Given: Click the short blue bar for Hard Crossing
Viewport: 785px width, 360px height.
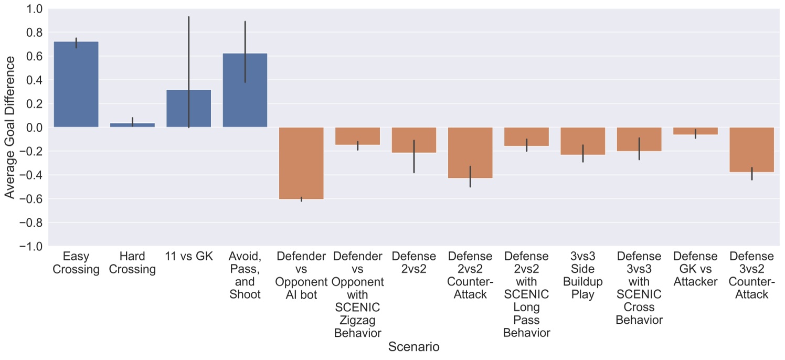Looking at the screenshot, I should (132, 125).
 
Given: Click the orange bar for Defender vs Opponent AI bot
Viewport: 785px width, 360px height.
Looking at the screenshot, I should (301, 163).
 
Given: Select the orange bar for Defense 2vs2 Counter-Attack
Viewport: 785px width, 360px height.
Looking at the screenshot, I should (470, 153).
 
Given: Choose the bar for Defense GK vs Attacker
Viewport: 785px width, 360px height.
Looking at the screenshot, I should (695, 131).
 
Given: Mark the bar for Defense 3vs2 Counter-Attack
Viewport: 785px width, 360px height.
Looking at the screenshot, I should (751, 150).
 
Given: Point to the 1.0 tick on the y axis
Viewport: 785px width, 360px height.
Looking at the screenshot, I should (36, 9).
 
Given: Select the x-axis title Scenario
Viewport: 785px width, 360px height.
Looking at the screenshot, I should (413, 347).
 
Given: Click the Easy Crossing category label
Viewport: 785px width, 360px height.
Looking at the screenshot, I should (76, 263).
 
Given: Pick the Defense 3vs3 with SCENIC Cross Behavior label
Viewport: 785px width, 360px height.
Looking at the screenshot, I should (639, 288).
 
